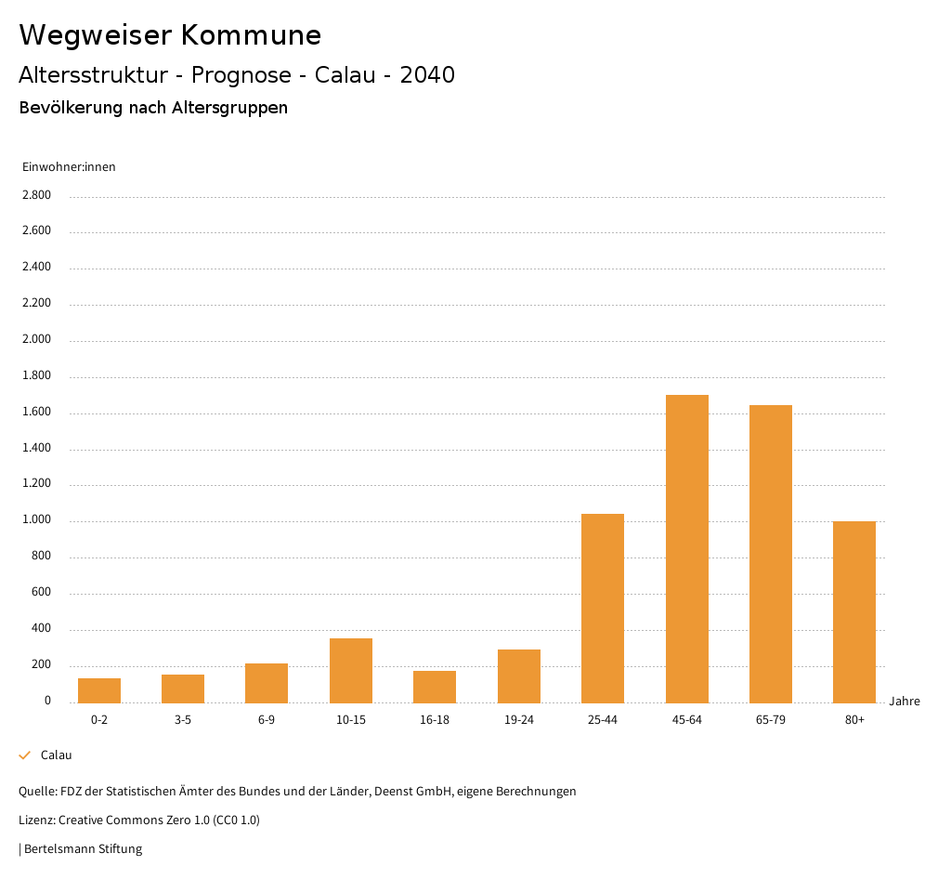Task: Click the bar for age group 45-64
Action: click(x=686, y=548)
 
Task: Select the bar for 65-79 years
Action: click(x=770, y=554)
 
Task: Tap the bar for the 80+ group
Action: click(x=853, y=611)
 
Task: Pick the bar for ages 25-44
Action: click(x=602, y=608)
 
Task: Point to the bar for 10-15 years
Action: click(x=350, y=670)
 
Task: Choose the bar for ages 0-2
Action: click(x=99, y=690)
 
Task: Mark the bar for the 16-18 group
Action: click(x=435, y=687)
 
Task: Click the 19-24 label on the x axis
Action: click(x=518, y=720)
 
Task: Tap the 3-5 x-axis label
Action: click(x=183, y=720)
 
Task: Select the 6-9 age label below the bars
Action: click(x=267, y=720)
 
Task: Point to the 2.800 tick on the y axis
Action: click(x=36, y=195)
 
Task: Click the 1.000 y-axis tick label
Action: click(x=36, y=520)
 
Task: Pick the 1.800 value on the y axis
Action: click(x=36, y=375)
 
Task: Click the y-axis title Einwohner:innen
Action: click(x=69, y=167)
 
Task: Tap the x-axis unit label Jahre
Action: click(x=904, y=702)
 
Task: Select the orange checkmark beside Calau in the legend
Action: click(x=25, y=755)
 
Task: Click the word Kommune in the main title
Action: click(x=251, y=35)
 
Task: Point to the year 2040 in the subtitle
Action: click(x=427, y=75)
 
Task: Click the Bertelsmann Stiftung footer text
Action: click(x=83, y=848)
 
